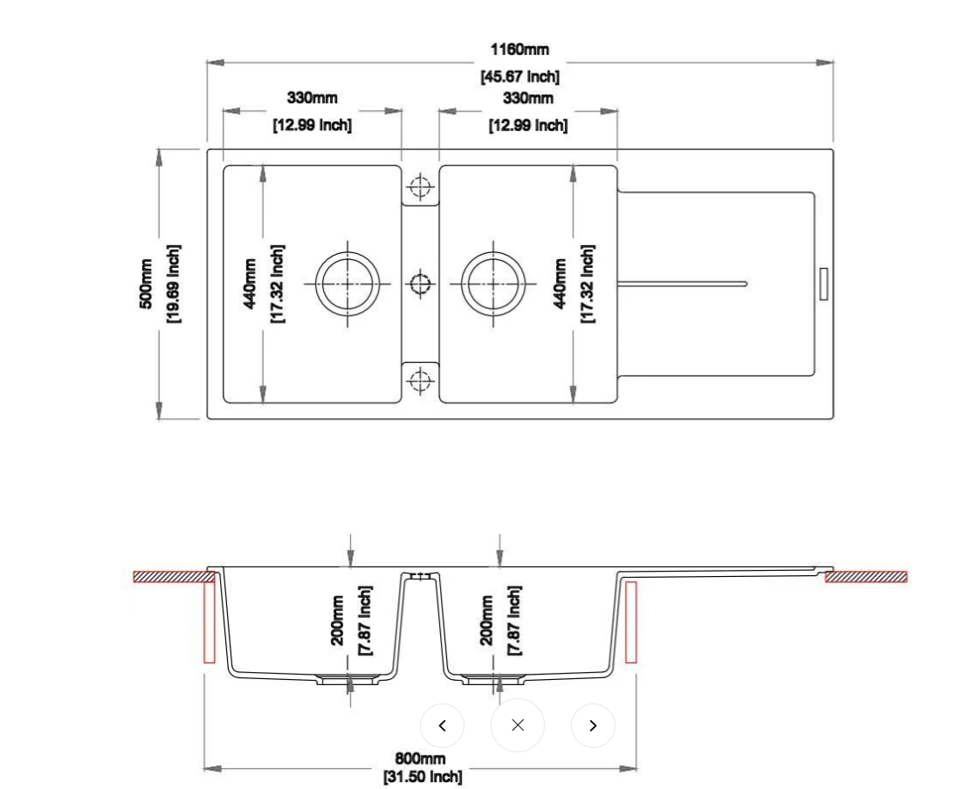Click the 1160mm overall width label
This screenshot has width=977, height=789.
(519, 49)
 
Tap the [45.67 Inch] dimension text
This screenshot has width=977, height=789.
(520, 77)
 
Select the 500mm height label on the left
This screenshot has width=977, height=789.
(145, 284)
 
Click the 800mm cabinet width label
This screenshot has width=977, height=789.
(421, 758)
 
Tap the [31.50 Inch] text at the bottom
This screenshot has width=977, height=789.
(423, 777)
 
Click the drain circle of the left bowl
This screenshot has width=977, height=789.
(347, 284)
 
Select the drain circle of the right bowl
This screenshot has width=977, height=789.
(493, 284)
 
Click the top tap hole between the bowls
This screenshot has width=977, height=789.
(420, 186)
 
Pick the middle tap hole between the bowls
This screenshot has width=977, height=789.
(421, 284)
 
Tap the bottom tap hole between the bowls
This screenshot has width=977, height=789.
(421, 379)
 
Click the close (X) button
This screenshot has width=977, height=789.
(518, 725)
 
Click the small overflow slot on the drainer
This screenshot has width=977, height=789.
(823, 284)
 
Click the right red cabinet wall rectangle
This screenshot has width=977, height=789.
(631, 622)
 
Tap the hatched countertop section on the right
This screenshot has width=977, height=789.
(866, 577)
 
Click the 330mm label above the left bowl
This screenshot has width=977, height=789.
(313, 98)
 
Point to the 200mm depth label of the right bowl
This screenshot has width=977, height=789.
(486, 621)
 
